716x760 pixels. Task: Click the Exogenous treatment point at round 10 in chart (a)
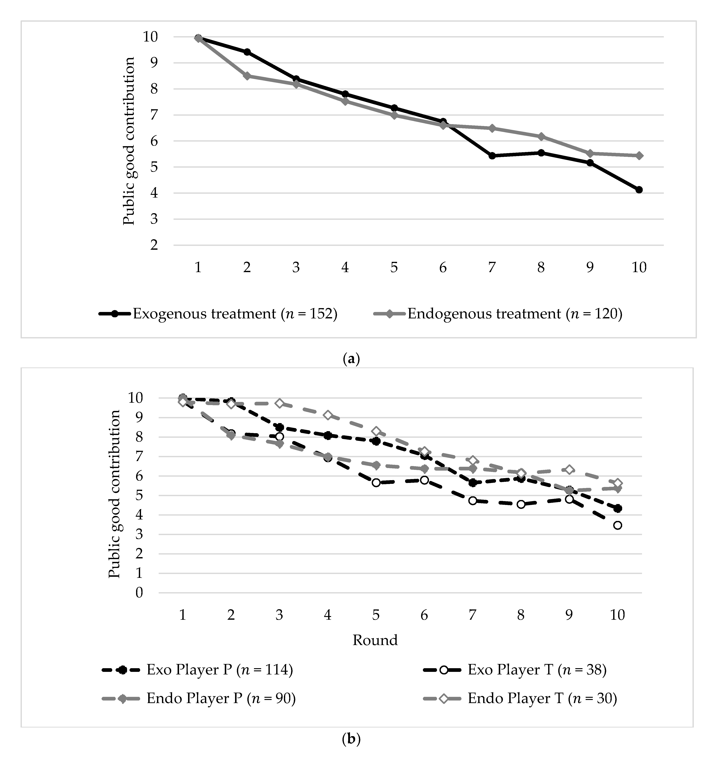pos(639,190)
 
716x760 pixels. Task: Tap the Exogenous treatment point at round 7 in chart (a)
pos(492,156)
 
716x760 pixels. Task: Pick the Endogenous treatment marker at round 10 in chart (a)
pos(639,156)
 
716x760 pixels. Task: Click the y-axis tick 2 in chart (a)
pos(154,245)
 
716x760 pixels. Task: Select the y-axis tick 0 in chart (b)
pos(139,593)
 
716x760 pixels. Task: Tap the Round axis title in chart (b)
pos(375,640)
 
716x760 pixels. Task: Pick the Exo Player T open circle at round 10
pos(617,525)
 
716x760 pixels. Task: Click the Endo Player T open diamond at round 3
pos(279,404)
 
